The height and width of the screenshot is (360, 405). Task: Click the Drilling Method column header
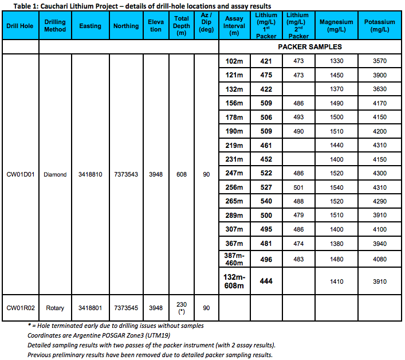55,26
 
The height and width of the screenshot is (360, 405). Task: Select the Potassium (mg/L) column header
379,26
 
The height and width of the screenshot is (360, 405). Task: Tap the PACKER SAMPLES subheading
310,47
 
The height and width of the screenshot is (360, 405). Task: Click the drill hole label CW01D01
20,174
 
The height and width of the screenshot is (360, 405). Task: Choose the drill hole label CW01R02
20,308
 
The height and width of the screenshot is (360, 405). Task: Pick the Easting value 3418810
91,174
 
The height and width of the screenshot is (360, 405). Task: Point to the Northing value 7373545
126,308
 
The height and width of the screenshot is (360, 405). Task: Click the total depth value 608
181,174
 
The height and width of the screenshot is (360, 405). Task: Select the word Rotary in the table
55,308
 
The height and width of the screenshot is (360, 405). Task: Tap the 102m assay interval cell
234,61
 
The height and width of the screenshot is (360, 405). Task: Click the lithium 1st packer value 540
266,202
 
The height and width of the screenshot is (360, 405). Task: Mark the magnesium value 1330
337,61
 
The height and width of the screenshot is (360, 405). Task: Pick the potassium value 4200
379,131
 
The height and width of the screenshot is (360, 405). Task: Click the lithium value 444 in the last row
266,281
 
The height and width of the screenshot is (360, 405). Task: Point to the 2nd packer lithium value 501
298,187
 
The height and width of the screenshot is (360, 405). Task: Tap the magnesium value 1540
337,187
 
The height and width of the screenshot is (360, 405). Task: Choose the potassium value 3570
379,61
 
